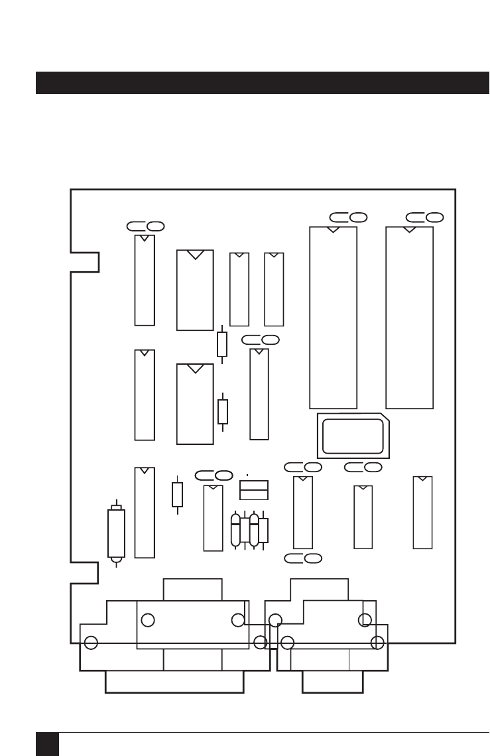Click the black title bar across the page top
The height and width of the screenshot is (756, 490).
pos(262,83)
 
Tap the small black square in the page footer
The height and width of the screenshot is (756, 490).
pos(47,743)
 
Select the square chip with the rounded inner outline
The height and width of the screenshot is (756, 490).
pos(353,436)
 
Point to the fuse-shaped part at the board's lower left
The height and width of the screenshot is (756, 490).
pos(116,533)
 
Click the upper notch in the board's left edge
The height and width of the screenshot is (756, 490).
pos(85,262)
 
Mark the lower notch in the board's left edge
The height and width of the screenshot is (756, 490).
pos(85,572)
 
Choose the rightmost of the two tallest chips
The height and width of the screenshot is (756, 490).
pos(409,318)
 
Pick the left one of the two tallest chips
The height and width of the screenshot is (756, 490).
pos(333,318)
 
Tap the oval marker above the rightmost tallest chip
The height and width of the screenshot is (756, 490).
pos(424,217)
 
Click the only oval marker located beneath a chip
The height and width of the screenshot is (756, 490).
pos(302,558)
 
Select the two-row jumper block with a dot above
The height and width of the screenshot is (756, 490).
pos(253,490)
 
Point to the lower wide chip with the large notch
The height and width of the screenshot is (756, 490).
pos(195,404)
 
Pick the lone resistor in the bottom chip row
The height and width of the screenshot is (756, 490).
pos(177,494)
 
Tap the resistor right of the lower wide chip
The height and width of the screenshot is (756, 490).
pos(223,411)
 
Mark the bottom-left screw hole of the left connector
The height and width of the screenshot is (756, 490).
pos(92,643)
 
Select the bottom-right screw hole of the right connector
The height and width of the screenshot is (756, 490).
pos(378,642)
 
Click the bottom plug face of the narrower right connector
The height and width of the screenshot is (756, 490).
pos(332,682)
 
